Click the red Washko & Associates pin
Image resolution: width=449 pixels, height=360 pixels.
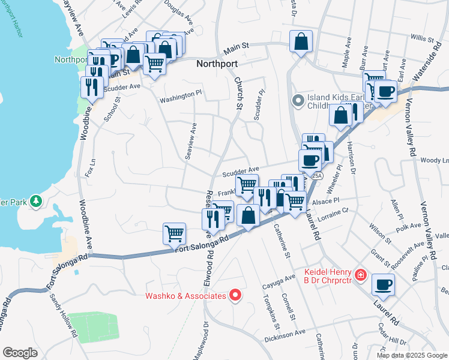pyautogui.click(x=236, y=295)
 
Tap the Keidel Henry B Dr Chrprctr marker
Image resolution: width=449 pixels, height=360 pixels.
pyautogui.click(x=361, y=275)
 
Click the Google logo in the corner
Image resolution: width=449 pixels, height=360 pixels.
pyautogui.click(x=20, y=352)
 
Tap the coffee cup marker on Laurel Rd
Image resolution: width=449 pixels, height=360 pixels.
pyautogui.click(x=383, y=286)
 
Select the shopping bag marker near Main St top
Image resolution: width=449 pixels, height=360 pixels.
pyautogui.click(x=301, y=42)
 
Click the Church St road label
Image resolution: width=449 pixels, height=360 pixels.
pyautogui.click(x=238, y=90)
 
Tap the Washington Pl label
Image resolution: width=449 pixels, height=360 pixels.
pyautogui.click(x=180, y=95)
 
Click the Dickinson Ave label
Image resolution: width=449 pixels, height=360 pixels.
pyautogui.click(x=285, y=335)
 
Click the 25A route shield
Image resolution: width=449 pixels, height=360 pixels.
pyautogui.click(x=319, y=176)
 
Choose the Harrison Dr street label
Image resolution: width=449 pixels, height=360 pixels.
pyautogui.click(x=352, y=163)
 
